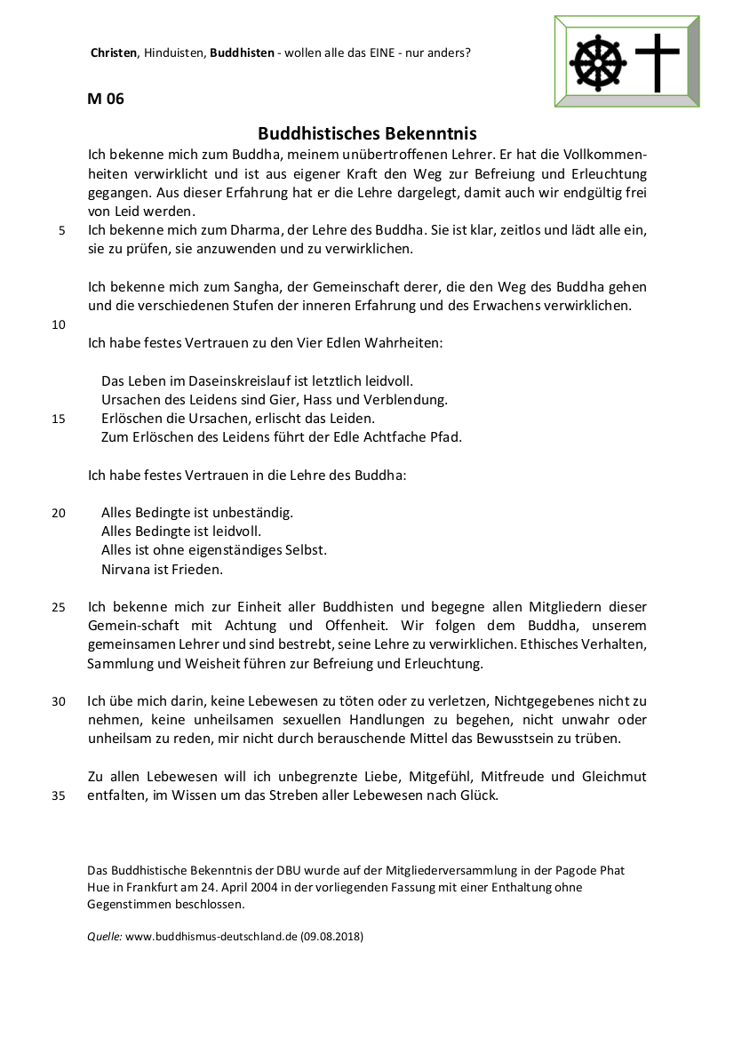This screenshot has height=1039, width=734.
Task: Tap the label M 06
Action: [106, 99]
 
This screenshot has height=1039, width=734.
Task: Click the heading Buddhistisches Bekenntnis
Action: [367, 133]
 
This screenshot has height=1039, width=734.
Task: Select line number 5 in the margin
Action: [61, 231]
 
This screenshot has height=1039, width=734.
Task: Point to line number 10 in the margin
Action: [59, 324]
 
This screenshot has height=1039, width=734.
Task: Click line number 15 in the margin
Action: [59, 419]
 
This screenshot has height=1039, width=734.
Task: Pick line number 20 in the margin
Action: [59, 513]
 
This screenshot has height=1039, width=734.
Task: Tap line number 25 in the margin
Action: [59, 608]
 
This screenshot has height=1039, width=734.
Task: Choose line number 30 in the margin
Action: [59, 701]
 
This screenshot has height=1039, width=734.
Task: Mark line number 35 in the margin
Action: [59, 796]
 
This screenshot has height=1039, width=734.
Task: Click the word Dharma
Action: [233, 230]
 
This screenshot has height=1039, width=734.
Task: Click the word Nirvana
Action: [126, 569]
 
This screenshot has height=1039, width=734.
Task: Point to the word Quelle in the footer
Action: [104, 937]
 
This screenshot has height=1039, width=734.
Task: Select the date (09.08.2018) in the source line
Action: [332, 937]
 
